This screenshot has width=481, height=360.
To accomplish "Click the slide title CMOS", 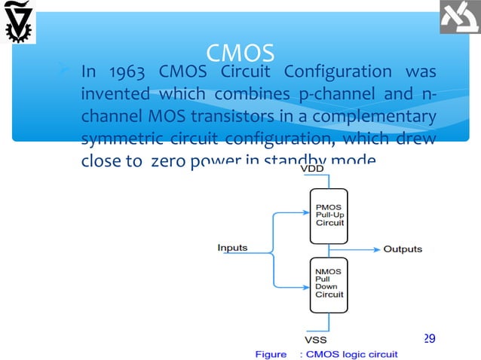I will pos(240,53).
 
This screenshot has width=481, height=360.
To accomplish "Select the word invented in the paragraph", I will pos(113,96).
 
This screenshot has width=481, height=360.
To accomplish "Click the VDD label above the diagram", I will pos(313,169).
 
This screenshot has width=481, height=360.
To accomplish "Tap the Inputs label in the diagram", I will pos(232,248).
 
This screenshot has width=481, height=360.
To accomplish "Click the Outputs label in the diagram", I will pos(403,249).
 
